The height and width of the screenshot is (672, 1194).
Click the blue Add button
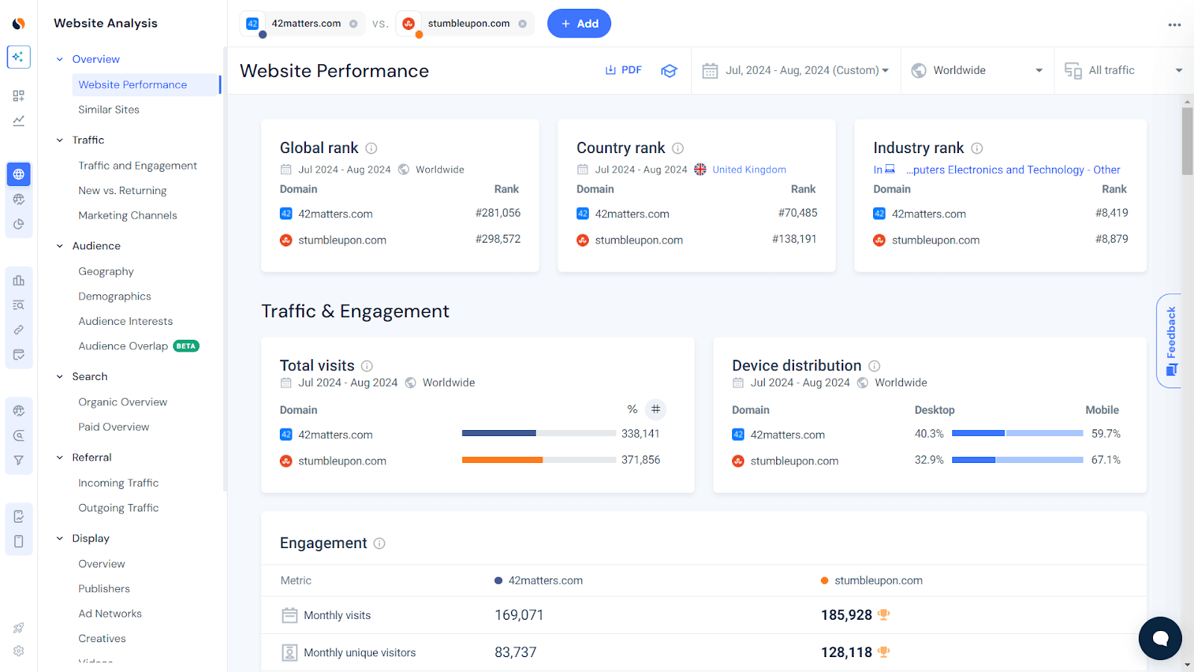click(x=579, y=24)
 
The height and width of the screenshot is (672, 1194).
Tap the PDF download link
click(x=623, y=70)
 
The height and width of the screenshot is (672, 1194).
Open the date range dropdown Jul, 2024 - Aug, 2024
click(x=796, y=70)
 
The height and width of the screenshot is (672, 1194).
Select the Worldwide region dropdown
click(x=977, y=70)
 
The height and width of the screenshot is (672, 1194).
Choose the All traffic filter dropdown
click(x=1123, y=70)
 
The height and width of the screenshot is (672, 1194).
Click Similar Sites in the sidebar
click(x=109, y=110)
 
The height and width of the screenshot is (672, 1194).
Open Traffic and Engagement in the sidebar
click(x=137, y=166)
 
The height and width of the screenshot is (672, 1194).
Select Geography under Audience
click(x=106, y=272)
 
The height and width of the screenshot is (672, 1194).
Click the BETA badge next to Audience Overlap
click(x=186, y=346)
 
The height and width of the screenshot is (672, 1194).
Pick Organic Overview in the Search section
click(x=122, y=402)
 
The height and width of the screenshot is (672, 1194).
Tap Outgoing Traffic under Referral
click(x=119, y=508)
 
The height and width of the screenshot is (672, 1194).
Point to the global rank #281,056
click(x=498, y=214)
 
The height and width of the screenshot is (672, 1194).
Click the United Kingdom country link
click(x=748, y=169)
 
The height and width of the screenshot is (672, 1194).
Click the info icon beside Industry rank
click(x=977, y=149)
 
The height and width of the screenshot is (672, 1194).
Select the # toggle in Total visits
click(x=655, y=409)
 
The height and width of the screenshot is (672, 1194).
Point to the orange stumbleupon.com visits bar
click(x=502, y=460)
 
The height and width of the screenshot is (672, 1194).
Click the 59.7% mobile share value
click(x=1106, y=434)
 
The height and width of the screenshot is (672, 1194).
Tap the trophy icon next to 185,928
click(x=884, y=615)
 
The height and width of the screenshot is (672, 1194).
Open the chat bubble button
click(x=1160, y=638)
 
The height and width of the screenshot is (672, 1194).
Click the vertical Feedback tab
click(x=1170, y=340)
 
